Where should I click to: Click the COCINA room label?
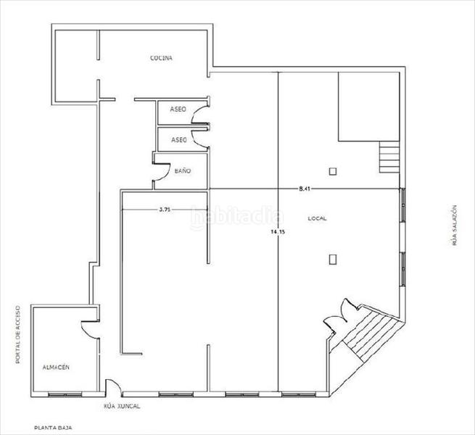point(161,58)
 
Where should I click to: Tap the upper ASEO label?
point(178,109)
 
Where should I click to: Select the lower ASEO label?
point(178,139)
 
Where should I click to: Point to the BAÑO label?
point(183,171)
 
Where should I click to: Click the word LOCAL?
point(317,217)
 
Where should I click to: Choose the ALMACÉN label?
point(55,368)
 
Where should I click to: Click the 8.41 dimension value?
point(305,188)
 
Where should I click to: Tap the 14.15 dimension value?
point(278,232)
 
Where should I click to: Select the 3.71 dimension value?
point(165,210)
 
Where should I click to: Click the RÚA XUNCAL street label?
point(122,406)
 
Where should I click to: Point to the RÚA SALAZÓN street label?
point(455,225)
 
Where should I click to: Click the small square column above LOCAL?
point(332,171)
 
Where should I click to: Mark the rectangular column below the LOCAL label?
point(332,257)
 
